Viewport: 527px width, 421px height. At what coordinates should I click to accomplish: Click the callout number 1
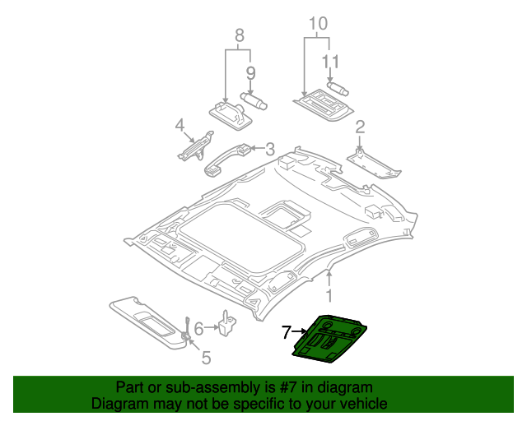tap(329, 294)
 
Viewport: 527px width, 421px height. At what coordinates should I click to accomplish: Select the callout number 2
tap(360, 127)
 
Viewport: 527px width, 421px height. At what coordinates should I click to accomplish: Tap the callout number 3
tap(269, 149)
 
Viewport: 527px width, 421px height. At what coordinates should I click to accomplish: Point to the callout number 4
tap(179, 125)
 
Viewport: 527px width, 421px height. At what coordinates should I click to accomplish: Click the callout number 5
tap(206, 358)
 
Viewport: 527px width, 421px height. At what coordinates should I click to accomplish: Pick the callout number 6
tap(198, 330)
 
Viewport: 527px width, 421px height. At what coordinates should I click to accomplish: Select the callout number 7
tap(286, 332)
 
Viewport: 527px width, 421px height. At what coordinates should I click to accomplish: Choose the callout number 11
tap(330, 61)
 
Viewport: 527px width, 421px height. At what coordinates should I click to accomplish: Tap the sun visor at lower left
tap(148, 322)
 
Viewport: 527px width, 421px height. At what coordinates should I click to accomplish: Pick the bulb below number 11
tap(338, 87)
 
